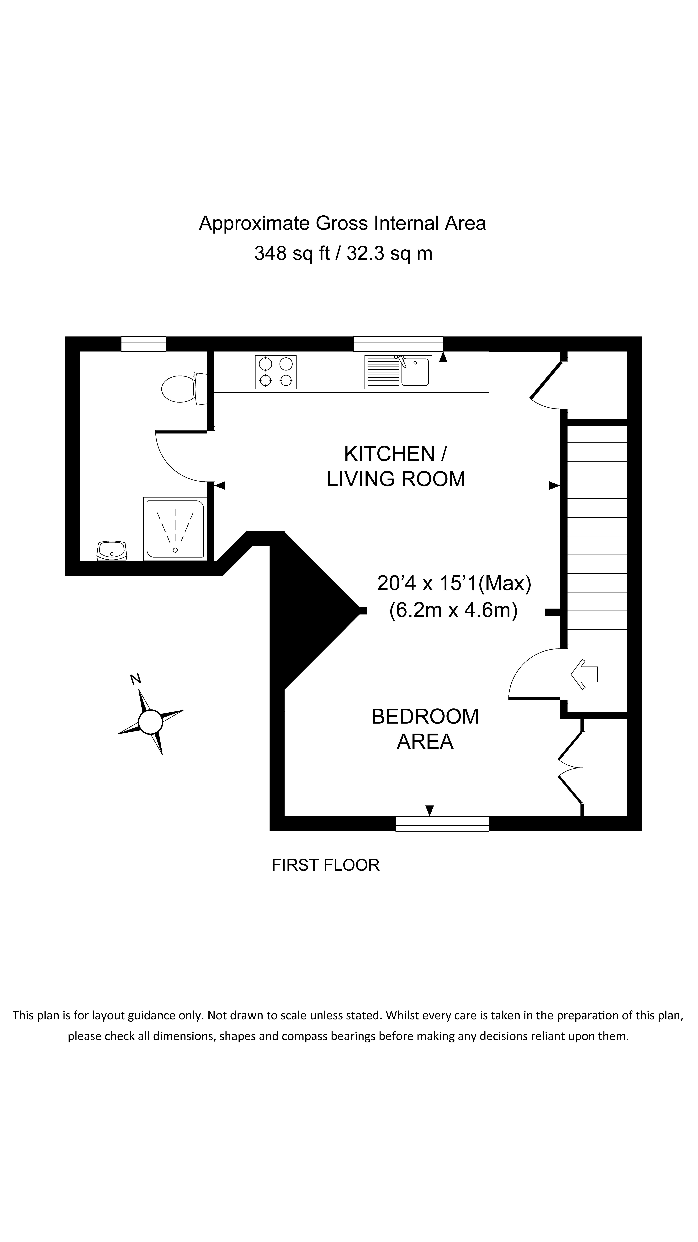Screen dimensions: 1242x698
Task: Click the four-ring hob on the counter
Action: pos(275,372)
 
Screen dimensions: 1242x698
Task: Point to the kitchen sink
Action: pos(398,372)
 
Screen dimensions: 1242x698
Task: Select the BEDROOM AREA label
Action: pos(425,729)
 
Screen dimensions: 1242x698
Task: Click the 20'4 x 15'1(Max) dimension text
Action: pos(454,583)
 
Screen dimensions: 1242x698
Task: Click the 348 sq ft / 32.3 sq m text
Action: pos(343,253)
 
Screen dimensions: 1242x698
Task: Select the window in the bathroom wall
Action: pos(143,344)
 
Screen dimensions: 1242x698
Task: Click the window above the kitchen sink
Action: pos(398,344)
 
